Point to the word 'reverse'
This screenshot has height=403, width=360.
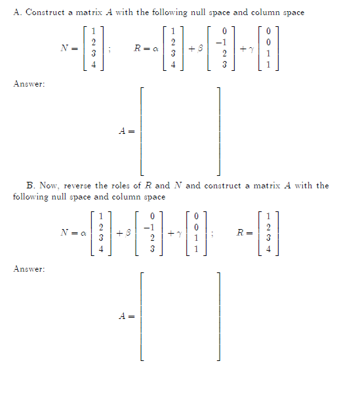81,186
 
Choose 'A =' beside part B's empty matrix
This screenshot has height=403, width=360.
127,316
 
